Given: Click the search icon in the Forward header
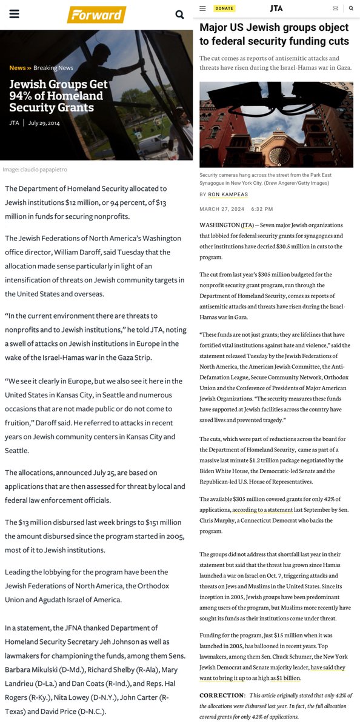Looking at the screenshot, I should point(179,15).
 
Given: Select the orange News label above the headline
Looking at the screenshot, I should point(18,68).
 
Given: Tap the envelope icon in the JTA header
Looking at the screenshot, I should point(336,8).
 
